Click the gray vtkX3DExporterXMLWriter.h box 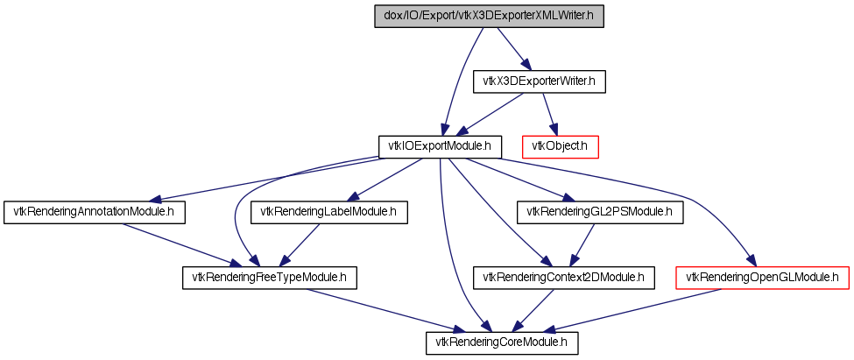point(489,16)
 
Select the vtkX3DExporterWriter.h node point(539,81)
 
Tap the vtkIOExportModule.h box point(440,147)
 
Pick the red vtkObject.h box point(561,147)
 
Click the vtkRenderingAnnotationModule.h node point(95,212)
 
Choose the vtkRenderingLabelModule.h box point(329,212)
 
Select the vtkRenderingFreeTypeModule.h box point(269,278)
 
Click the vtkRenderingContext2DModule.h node point(564,278)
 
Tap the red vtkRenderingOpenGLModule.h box point(762,278)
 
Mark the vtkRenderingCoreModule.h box point(501,343)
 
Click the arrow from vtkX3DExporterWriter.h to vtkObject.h point(550,115)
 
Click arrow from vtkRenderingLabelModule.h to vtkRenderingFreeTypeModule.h point(301,245)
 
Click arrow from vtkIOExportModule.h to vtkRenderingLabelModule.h point(385,180)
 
